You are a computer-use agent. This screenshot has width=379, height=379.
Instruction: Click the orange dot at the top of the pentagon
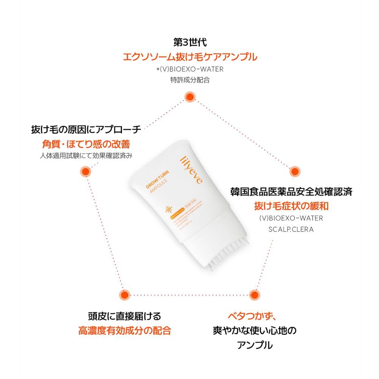point(190,97)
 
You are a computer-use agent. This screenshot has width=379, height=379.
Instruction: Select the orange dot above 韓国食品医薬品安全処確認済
point(294,172)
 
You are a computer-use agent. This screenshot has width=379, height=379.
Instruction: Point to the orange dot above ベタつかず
point(254,294)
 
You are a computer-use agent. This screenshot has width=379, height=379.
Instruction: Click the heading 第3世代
point(189,42)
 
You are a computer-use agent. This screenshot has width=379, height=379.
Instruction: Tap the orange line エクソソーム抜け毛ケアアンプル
point(190,57)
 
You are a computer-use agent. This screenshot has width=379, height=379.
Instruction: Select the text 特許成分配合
point(189,80)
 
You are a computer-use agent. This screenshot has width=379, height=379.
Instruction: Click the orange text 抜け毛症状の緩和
point(291,206)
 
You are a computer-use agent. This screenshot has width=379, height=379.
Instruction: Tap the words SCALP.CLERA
point(291,230)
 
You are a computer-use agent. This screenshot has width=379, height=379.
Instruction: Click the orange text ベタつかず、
point(254,316)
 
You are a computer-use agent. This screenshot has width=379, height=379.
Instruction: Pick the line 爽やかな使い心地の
point(254,330)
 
